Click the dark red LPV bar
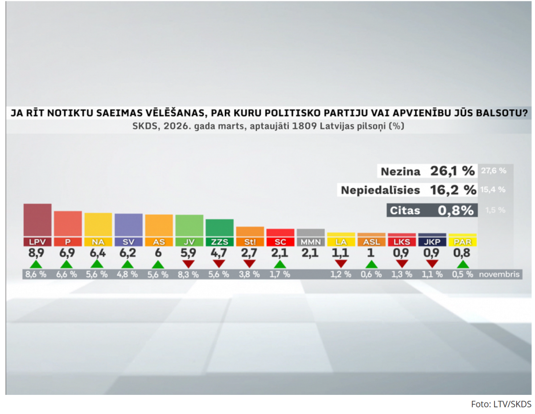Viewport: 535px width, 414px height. coord(37,220)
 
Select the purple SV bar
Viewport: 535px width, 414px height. coord(128,225)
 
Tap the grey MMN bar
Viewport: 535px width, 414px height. coord(310,232)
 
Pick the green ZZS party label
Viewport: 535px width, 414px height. coord(219,242)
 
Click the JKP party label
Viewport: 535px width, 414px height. coord(432,242)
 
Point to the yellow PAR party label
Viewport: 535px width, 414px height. coord(462,242)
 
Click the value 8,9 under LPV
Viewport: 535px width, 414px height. coord(37,254)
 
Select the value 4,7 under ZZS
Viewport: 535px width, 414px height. coord(219,254)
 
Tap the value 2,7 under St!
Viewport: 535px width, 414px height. coord(250,254)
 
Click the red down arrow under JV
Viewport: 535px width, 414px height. coord(189,264)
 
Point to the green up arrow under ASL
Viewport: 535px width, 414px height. coord(371,264)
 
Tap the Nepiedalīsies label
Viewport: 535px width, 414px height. coord(380,190)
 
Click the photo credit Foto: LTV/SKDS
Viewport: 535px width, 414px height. coord(501,404)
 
